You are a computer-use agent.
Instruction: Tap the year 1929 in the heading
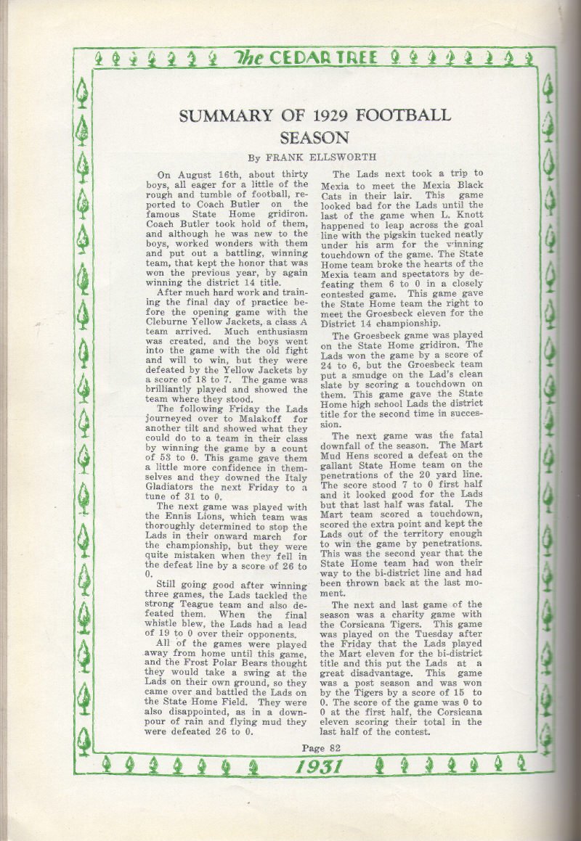(323, 115)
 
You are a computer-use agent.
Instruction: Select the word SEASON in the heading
(317, 138)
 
